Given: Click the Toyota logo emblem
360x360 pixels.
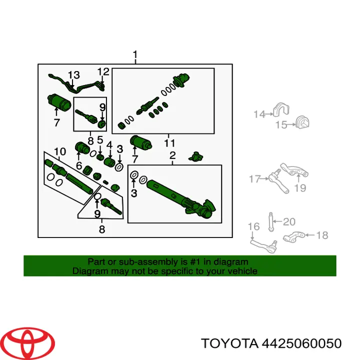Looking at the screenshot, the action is click(29, 343).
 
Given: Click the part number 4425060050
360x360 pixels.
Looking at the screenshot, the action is click(301, 343).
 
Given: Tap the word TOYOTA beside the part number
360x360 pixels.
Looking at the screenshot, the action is click(229, 343).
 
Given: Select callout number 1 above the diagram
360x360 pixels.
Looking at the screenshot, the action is click(135, 55).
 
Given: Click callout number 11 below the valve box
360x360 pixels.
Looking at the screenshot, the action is click(169, 143).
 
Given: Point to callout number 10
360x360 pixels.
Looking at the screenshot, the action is click(60, 151).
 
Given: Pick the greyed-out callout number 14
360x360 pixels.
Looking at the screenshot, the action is click(259, 114).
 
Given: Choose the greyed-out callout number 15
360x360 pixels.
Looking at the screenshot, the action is click(281, 125).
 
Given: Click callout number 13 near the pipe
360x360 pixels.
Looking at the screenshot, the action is click(73, 75).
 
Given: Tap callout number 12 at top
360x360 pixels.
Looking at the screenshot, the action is click(103, 72).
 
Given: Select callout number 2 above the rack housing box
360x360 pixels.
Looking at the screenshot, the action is click(172, 155).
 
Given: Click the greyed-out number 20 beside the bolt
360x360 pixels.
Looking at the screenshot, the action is click(289, 222).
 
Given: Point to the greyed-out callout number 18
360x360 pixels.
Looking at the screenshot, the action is click(322, 235).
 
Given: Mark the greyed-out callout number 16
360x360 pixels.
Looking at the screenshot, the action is click(254, 226).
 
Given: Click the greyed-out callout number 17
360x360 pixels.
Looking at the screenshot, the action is click(255, 179).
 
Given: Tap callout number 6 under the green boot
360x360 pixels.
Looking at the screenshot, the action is click(79, 165).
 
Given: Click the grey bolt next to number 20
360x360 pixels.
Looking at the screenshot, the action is click(271, 222).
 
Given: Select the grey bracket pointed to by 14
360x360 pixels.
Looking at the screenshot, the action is click(281, 109).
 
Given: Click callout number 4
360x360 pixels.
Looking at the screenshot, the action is click(109, 145).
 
